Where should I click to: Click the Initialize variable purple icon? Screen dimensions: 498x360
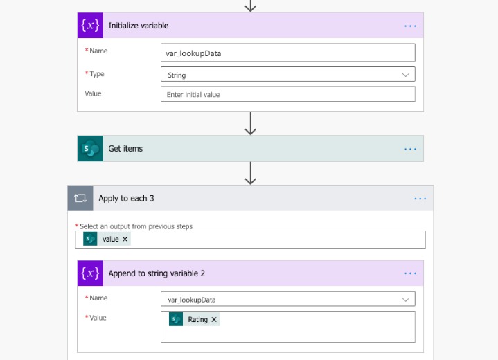(90, 26)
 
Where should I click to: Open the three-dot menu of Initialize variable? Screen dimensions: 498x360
(410, 26)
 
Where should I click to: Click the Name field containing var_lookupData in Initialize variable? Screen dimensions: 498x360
(287, 53)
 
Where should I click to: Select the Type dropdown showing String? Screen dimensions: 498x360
(287, 74)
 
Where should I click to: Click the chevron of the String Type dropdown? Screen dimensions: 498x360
(406, 75)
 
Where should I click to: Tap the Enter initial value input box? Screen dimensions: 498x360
(287, 94)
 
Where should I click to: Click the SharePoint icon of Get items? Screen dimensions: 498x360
(90, 149)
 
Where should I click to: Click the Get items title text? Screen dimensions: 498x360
(125, 149)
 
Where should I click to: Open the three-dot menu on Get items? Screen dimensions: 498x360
(410, 149)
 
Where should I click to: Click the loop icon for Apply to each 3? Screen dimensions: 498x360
(80, 198)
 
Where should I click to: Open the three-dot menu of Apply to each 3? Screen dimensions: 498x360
(420, 199)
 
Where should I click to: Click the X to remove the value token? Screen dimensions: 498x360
(125, 239)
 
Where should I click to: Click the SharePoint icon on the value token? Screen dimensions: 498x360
(90, 239)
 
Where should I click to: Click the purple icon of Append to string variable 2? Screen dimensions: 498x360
(90, 273)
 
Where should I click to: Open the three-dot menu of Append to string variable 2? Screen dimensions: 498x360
(410, 273)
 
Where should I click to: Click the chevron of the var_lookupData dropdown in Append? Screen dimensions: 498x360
(406, 300)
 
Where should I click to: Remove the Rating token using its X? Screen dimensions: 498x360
(214, 319)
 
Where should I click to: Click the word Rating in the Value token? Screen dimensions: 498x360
(197, 319)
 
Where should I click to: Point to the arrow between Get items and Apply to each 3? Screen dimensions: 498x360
(251, 173)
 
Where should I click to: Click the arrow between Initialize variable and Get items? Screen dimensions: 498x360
(251, 123)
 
